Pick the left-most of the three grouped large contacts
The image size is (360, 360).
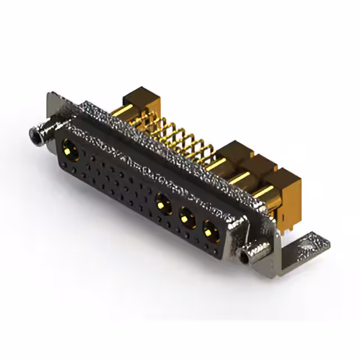[x=163, y=202]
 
